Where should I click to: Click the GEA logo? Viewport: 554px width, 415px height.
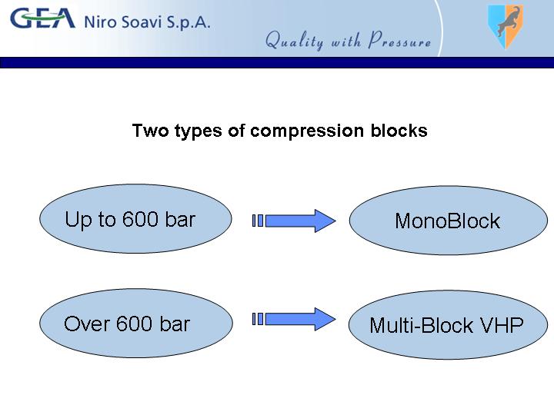(x=43, y=18)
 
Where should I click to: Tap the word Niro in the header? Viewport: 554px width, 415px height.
(x=100, y=22)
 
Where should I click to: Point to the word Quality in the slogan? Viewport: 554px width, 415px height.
(x=294, y=40)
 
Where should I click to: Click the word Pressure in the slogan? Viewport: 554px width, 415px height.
(x=399, y=39)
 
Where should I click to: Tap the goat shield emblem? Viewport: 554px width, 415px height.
(x=506, y=26)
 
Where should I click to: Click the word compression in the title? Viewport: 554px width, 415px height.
(x=307, y=131)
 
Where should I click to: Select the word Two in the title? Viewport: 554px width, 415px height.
(x=150, y=130)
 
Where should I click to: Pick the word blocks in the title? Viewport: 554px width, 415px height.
(x=399, y=130)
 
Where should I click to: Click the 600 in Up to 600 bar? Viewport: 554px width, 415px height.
(x=140, y=219)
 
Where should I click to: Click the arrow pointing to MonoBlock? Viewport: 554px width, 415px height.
(x=294, y=221)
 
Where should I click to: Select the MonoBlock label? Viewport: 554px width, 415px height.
(x=447, y=221)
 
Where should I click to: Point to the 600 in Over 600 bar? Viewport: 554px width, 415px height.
(x=134, y=324)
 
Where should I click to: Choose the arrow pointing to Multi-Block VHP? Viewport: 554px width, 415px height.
(x=294, y=319)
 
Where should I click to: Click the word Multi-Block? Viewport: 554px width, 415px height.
(x=421, y=325)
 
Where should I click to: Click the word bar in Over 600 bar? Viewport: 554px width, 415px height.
(x=175, y=324)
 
